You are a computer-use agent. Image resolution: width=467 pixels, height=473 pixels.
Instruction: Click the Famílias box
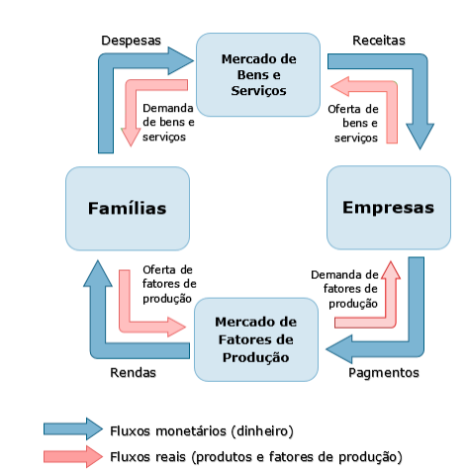(128, 209)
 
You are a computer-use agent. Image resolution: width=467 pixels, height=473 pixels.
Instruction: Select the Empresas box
(389, 208)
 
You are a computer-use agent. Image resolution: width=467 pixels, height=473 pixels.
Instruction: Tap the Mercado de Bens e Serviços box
(258, 74)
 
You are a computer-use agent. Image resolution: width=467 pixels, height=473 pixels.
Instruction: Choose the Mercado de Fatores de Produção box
(256, 339)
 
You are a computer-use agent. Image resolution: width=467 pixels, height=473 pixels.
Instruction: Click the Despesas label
(131, 41)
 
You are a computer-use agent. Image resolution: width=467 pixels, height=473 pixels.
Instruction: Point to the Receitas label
(379, 41)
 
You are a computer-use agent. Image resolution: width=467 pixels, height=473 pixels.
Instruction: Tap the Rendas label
(133, 372)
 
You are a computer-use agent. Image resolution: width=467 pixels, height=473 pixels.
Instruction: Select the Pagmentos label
(384, 373)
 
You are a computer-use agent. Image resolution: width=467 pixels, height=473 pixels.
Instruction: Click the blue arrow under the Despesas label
(106, 66)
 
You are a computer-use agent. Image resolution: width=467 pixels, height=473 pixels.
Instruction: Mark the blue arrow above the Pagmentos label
(417, 346)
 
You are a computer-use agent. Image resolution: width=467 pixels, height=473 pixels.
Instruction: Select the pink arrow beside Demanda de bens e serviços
(132, 86)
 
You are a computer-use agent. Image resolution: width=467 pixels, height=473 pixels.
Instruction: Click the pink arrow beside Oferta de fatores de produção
(125, 325)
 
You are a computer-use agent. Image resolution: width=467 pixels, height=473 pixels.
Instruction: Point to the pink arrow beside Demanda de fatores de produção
(391, 322)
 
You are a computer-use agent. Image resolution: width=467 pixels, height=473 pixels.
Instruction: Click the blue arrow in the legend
(73, 428)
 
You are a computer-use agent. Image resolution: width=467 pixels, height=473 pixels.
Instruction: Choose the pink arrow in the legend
(73, 456)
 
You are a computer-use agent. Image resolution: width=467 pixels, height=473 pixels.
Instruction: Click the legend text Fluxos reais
(147, 457)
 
